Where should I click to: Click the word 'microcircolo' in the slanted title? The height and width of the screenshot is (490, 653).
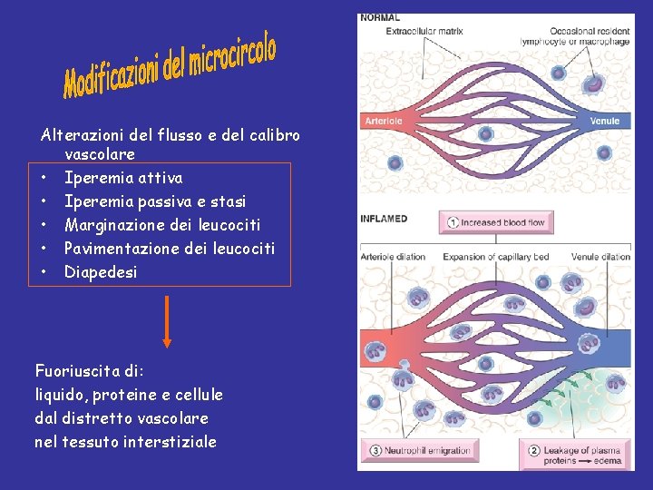(233, 55)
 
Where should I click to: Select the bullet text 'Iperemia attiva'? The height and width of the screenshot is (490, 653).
(123, 178)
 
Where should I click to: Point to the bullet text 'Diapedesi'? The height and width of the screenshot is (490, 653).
(101, 272)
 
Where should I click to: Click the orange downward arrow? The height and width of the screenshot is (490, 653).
(167, 321)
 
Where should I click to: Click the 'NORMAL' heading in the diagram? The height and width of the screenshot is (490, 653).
(380, 17)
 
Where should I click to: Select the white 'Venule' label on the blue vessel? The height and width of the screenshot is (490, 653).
(605, 121)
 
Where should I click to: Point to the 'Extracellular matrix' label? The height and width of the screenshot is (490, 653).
(424, 31)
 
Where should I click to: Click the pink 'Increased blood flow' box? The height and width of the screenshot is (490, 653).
(496, 222)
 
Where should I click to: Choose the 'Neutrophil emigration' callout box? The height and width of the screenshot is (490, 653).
(422, 450)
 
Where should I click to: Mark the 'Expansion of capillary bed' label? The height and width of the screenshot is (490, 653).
(496, 257)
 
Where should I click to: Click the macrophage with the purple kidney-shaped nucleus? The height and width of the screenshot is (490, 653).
(592, 85)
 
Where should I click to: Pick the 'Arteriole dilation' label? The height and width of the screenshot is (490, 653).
(393, 257)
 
